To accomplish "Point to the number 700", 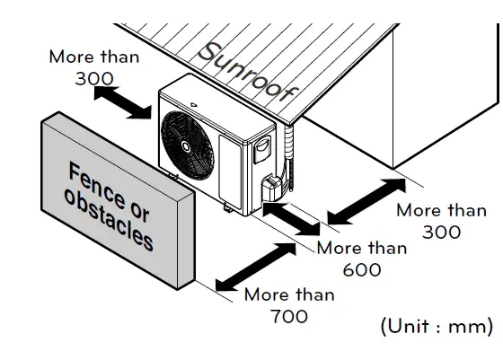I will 288,316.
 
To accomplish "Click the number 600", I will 361,269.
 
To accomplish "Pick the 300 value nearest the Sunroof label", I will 94,78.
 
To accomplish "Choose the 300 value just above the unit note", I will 441,232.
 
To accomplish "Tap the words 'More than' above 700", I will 289,294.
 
